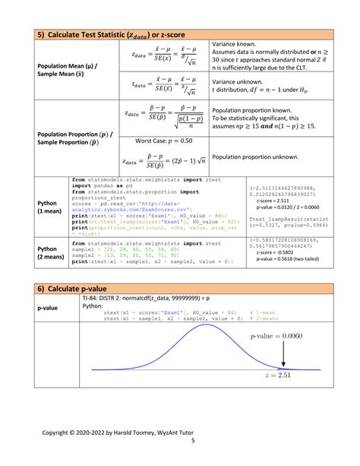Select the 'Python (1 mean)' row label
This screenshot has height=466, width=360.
tap(51, 208)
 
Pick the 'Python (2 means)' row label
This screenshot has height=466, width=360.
tap(51, 252)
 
